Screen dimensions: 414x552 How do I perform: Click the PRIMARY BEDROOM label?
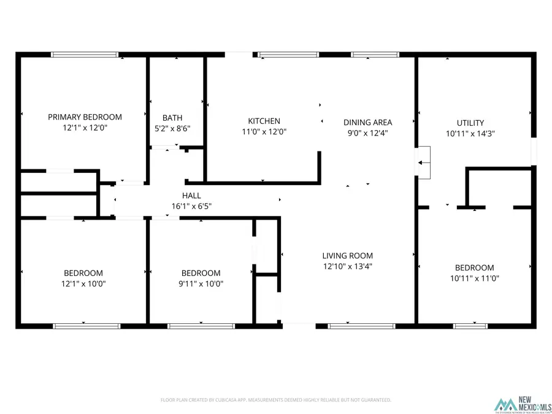tap(85, 117)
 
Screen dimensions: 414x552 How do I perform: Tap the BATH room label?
tap(172, 118)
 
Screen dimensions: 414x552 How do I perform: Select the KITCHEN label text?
tap(264, 121)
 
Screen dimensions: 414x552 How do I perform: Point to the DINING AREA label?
tap(367, 122)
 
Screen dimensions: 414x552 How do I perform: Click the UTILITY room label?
tap(470, 122)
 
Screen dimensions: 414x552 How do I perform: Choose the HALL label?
tap(192, 195)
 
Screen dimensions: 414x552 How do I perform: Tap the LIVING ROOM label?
tap(348, 256)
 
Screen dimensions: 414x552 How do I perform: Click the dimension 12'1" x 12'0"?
tap(85, 128)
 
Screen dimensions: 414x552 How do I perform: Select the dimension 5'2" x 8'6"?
tap(172, 129)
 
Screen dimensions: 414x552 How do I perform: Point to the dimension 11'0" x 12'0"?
tap(264, 132)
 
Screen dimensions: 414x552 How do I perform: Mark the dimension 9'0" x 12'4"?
tap(367, 132)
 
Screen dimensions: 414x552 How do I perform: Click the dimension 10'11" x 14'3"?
tap(470, 133)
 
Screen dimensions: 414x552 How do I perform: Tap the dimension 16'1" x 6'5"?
tap(192, 206)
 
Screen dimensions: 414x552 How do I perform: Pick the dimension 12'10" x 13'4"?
tap(348, 267)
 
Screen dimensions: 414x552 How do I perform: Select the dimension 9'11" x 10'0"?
tap(201, 284)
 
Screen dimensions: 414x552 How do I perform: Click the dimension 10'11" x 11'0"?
tap(474, 278)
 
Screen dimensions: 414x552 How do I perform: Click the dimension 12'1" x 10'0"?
tap(83, 284)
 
